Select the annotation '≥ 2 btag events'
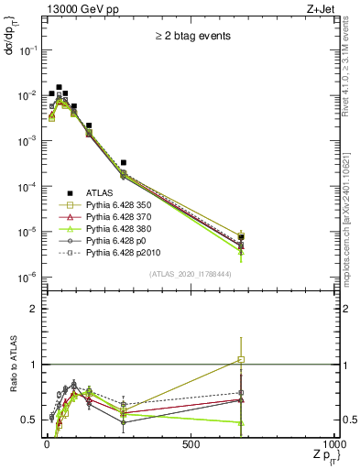(x=192, y=37)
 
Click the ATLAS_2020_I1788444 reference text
(x=191, y=274)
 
